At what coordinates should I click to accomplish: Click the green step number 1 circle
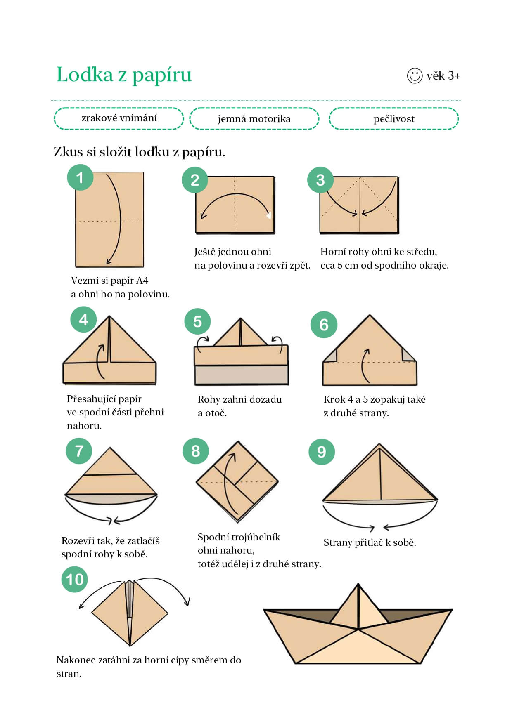pos(80,177)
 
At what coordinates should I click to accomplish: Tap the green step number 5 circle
pos(197,321)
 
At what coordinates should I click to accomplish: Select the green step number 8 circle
pos(196,451)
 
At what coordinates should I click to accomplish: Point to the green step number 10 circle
pos(75,580)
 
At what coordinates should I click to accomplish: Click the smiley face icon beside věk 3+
pos(415,75)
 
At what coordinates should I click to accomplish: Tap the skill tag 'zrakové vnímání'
pos(119,118)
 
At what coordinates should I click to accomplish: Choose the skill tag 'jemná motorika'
pos(254,119)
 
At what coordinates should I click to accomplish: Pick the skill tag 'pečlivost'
pos(394,119)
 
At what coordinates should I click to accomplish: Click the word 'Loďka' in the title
pos(85,74)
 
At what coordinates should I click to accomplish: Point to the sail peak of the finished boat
pos(358,584)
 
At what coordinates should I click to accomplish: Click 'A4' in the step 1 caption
pos(142,281)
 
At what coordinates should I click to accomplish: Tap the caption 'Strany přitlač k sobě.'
pos(370,542)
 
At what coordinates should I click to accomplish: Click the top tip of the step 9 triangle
pos(379,444)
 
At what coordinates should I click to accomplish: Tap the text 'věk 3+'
pos(443,76)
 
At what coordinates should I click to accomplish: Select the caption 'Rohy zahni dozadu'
pos(240,399)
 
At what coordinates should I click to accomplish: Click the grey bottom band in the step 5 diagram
pos(241,375)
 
